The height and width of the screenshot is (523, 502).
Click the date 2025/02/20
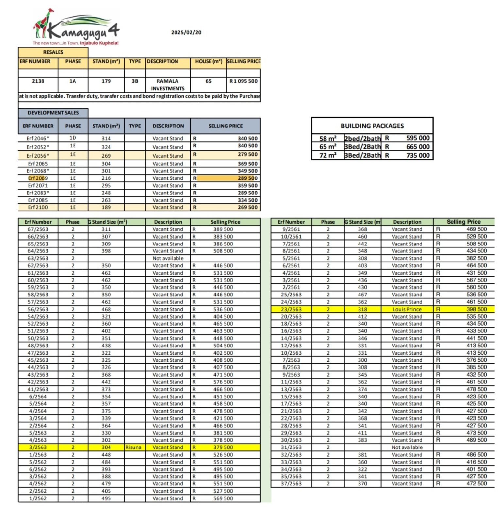point(186,32)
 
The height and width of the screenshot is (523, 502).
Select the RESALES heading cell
point(53,52)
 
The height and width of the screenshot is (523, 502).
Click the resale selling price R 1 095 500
point(243,81)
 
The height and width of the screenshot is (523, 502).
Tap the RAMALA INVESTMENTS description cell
point(167,85)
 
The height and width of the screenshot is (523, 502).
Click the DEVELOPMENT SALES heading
point(53,113)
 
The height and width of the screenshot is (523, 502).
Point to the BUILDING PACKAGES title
point(372,126)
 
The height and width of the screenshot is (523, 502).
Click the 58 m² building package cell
point(327,138)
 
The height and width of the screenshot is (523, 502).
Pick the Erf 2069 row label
point(38,178)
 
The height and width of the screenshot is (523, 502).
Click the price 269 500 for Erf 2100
point(247,207)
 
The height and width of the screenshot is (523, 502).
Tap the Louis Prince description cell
point(407,309)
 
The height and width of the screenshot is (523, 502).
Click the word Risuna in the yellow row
point(133,447)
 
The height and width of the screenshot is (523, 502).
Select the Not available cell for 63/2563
point(168,258)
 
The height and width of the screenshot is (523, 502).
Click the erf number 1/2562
point(38,498)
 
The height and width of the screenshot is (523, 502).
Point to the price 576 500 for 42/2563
point(223,382)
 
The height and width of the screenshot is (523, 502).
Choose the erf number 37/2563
point(291,484)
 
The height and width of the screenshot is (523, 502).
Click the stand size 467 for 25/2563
point(362,295)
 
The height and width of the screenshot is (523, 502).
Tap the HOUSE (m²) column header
point(209,61)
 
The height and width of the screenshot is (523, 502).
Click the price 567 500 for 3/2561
point(477,280)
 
